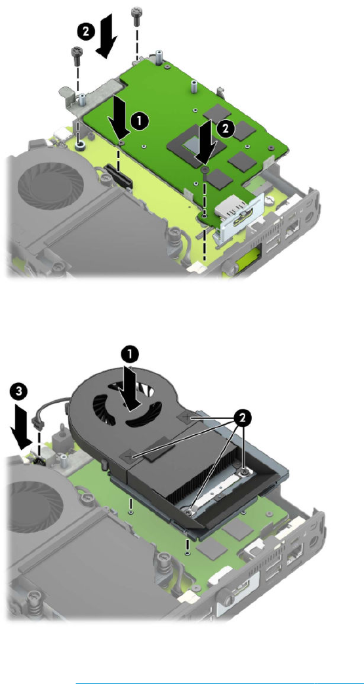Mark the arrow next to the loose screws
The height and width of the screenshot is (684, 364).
106,36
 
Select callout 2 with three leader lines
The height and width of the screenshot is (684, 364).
243,418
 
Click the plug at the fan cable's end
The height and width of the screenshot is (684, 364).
37,424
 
